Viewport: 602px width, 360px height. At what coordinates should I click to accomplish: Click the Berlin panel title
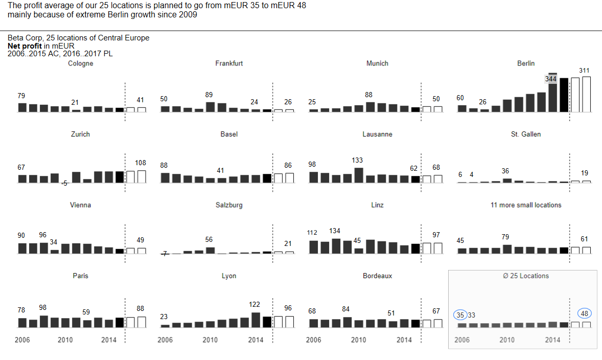pos(526,63)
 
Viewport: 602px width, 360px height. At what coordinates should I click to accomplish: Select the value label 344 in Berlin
pos(550,79)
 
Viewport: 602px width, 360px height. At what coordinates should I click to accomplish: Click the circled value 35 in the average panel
pos(461,315)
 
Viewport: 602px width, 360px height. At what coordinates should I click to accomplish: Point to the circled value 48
pos(585,313)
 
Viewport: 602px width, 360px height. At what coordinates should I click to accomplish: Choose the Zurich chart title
pos(80,134)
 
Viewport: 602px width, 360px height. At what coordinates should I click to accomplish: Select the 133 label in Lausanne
pos(358,161)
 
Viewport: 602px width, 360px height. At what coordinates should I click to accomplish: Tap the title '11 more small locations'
pos(526,205)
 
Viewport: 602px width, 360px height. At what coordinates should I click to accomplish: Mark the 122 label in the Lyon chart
pos(254,304)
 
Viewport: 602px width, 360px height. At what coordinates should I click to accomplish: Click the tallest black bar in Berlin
pos(564,95)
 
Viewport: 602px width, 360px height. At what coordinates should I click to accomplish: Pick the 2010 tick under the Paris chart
pos(65,340)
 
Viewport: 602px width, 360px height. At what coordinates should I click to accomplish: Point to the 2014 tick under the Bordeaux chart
pos(404,340)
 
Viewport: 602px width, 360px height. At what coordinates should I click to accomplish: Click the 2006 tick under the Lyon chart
pos(165,340)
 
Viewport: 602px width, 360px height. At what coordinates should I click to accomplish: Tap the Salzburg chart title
pos(229,205)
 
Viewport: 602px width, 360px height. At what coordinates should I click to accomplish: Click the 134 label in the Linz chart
pos(335,231)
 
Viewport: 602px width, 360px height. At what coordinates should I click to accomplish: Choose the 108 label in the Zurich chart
pos(141,163)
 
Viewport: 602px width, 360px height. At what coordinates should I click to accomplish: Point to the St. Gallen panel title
pos(526,134)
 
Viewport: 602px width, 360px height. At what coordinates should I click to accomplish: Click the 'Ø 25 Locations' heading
pos(526,276)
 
